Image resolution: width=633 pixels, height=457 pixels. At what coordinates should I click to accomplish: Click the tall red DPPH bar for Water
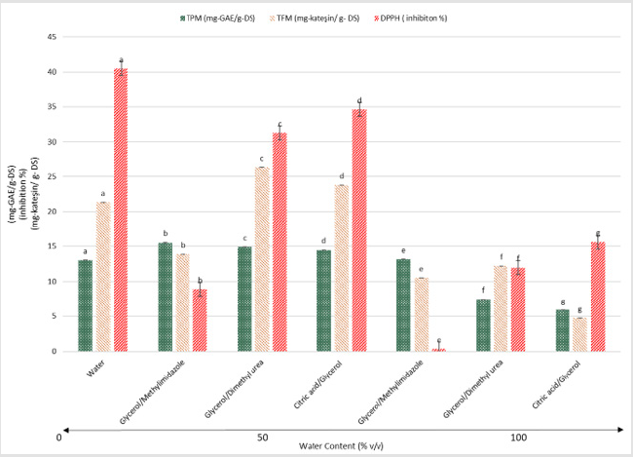point(121,209)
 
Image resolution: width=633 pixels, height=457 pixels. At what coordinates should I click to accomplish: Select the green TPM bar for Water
point(86,305)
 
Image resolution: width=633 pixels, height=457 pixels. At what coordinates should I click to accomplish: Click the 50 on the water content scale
point(263,438)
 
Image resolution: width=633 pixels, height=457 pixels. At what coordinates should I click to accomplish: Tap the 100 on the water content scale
point(518,438)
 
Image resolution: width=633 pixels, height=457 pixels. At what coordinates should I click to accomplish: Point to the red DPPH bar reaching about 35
point(359,230)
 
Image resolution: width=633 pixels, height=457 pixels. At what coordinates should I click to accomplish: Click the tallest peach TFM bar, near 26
point(262,259)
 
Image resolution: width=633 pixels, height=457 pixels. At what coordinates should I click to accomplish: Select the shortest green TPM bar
point(563,330)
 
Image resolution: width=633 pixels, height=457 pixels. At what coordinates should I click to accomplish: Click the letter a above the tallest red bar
point(121,59)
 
